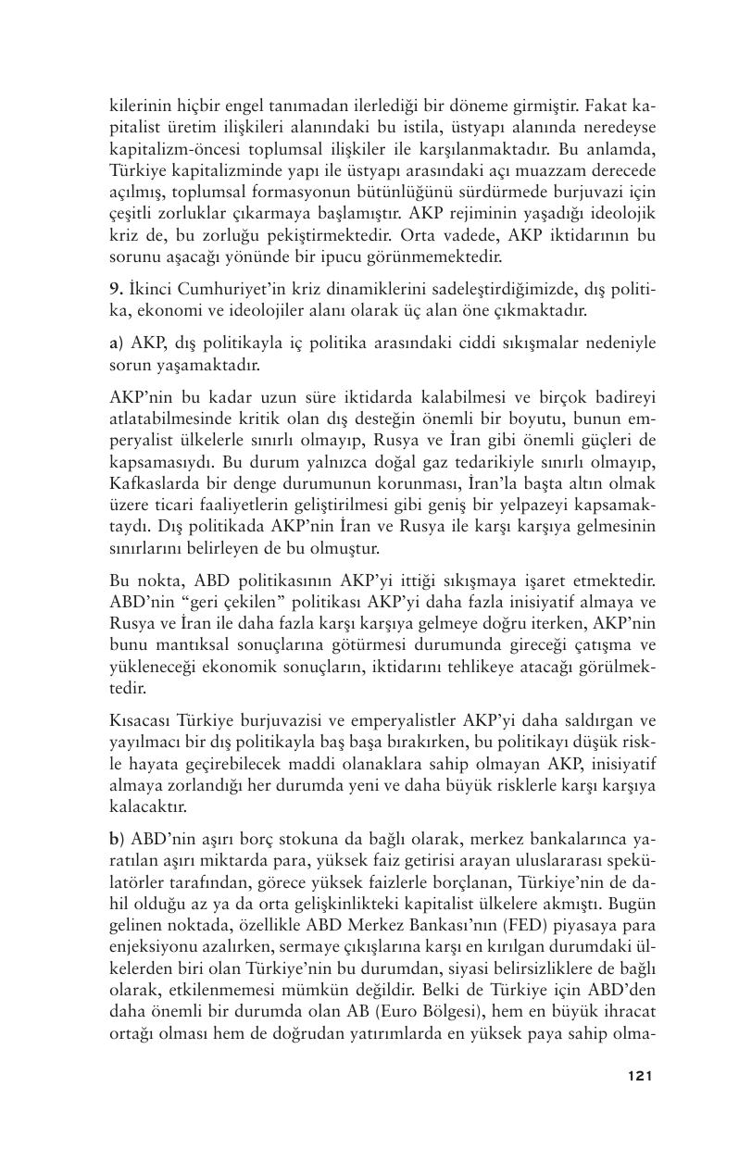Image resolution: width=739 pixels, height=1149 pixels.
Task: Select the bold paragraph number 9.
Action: pyautogui.click(x=115, y=291)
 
